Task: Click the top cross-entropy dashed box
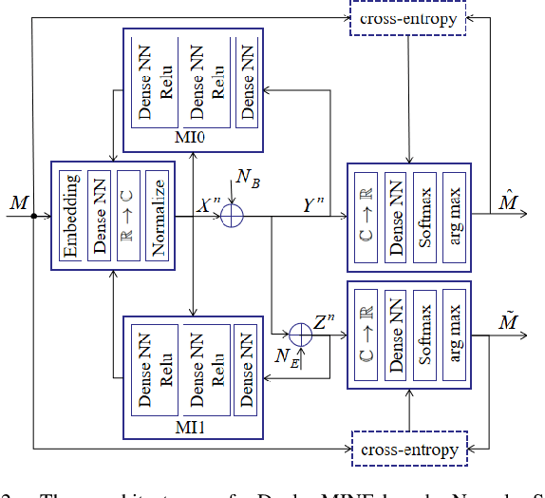coord(408,19)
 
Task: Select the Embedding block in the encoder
coord(70,214)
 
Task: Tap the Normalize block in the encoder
coord(160,214)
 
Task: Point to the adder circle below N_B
coord(232,217)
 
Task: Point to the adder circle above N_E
coord(300,334)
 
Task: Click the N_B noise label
coord(248,178)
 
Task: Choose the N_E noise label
coord(286,358)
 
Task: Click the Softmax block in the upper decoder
coord(424,214)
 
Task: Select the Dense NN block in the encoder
coord(100,214)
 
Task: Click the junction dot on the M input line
coord(33,216)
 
